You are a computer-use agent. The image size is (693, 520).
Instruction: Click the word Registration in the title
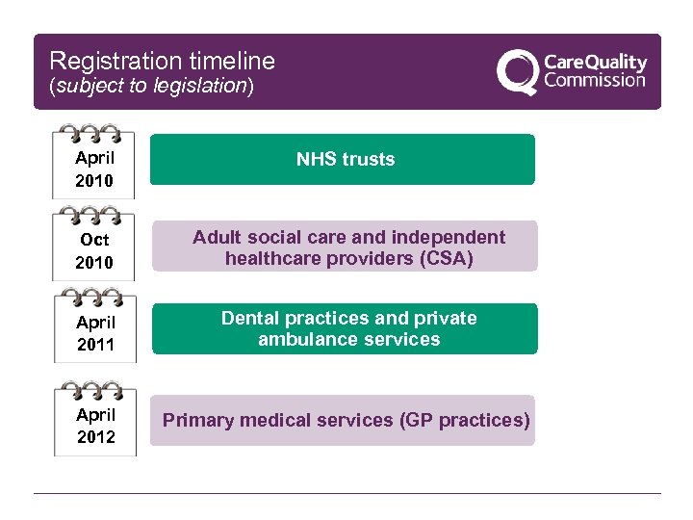pyautogui.click(x=106, y=62)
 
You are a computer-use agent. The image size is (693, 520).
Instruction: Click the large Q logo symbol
pyautogui.click(x=518, y=72)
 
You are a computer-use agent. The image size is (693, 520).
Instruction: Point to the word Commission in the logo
pyautogui.click(x=595, y=81)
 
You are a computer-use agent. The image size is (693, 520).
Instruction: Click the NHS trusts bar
pyautogui.click(x=343, y=159)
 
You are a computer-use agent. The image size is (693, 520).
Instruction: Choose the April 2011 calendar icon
pyautogui.click(x=94, y=326)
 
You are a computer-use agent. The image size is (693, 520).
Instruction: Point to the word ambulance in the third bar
pyautogui.click(x=301, y=339)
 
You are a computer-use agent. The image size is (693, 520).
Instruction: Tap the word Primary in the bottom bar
pyautogui.click(x=197, y=420)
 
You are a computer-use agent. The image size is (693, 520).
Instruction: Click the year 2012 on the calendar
pyautogui.click(x=95, y=437)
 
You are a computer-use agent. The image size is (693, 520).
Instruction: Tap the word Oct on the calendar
pyautogui.click(x=95, y=240)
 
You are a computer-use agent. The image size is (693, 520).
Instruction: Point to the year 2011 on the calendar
pyautogui.click(x=95, y=345)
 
